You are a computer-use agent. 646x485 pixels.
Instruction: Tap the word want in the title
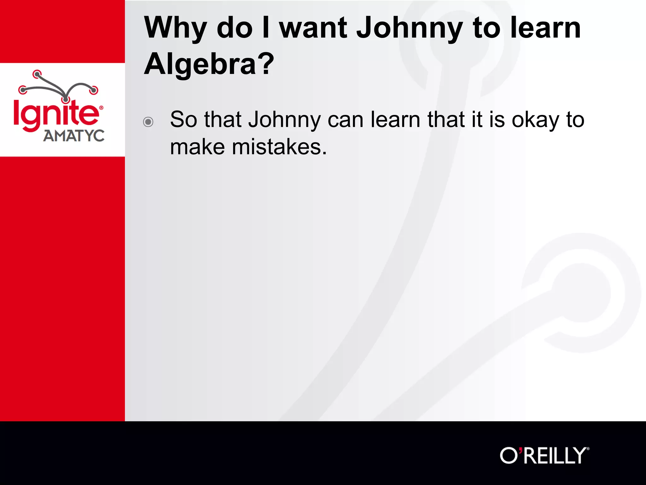[x=313, y=28]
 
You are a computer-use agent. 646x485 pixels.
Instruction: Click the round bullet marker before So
[x=148, y=122]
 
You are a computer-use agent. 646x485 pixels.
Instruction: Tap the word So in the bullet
[x=184, y=120]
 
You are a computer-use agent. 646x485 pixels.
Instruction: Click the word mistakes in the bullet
[x=279, y=147]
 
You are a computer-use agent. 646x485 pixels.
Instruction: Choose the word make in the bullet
[x=197, y=147]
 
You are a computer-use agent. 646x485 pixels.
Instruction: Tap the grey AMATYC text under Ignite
[x=74, y=136]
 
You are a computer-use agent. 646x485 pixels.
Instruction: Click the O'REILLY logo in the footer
[x=544, y=456]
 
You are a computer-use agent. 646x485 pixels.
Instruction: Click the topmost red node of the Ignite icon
[x=37, y=75]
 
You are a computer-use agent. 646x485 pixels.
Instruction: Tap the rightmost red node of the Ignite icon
[x=94, y=90]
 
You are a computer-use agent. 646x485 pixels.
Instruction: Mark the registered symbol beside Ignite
[x=101, y=108]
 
